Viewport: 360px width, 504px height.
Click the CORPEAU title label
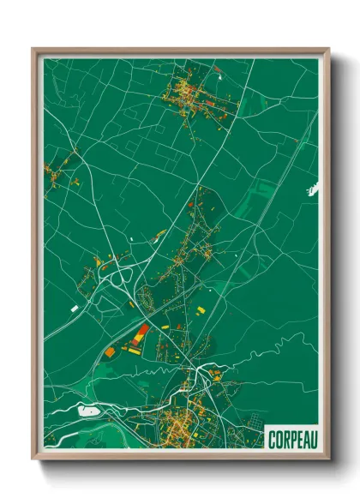click(x=291, y=439)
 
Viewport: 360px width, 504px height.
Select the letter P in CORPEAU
click(x=291, y=439)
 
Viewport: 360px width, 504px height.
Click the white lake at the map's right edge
click(x=312, y=188)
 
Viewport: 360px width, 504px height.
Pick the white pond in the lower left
click(x=87, y=411)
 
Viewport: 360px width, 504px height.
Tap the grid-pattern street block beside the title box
click(x=255, y=423)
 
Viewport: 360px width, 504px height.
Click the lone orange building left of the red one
click(x=110, y=351)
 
